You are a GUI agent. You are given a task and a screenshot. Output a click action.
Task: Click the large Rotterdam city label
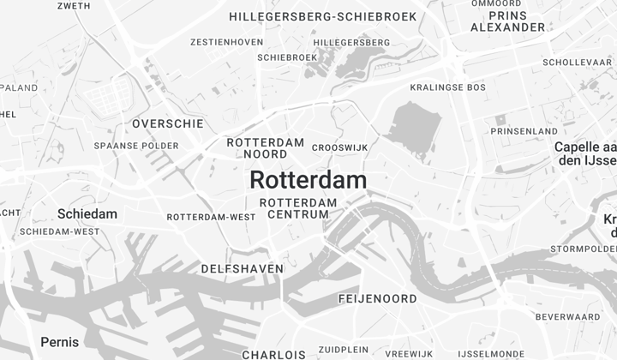pos(308,180)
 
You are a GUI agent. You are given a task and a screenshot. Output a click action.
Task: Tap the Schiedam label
pos(87,213)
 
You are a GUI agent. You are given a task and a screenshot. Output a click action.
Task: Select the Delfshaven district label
pos(242,269)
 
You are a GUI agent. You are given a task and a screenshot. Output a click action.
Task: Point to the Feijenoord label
pos(377,299)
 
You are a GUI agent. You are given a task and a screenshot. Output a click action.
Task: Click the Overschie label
pos(168,123)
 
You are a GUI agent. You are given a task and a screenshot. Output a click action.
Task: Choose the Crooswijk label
pos(339,147)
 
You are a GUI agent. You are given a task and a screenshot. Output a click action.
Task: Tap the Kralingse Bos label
pos(447,87)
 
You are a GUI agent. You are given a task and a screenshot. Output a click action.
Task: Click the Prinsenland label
pos(524,131)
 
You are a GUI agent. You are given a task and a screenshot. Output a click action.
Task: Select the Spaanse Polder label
pos(136,146)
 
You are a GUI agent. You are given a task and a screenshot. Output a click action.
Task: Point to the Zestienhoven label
pos(226,41)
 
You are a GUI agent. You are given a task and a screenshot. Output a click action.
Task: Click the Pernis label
pos(60,343)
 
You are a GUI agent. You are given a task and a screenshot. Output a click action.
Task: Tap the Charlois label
pos(273,354)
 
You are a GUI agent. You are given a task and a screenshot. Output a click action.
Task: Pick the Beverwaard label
pos(567,317)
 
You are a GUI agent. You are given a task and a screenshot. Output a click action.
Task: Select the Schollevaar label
pos(577,63)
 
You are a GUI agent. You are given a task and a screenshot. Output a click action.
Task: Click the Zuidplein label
pos(343,351)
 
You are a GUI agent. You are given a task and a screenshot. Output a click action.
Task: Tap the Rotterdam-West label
pos(211,217)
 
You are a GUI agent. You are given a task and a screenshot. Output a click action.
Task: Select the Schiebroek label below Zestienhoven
pos(287,57)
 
